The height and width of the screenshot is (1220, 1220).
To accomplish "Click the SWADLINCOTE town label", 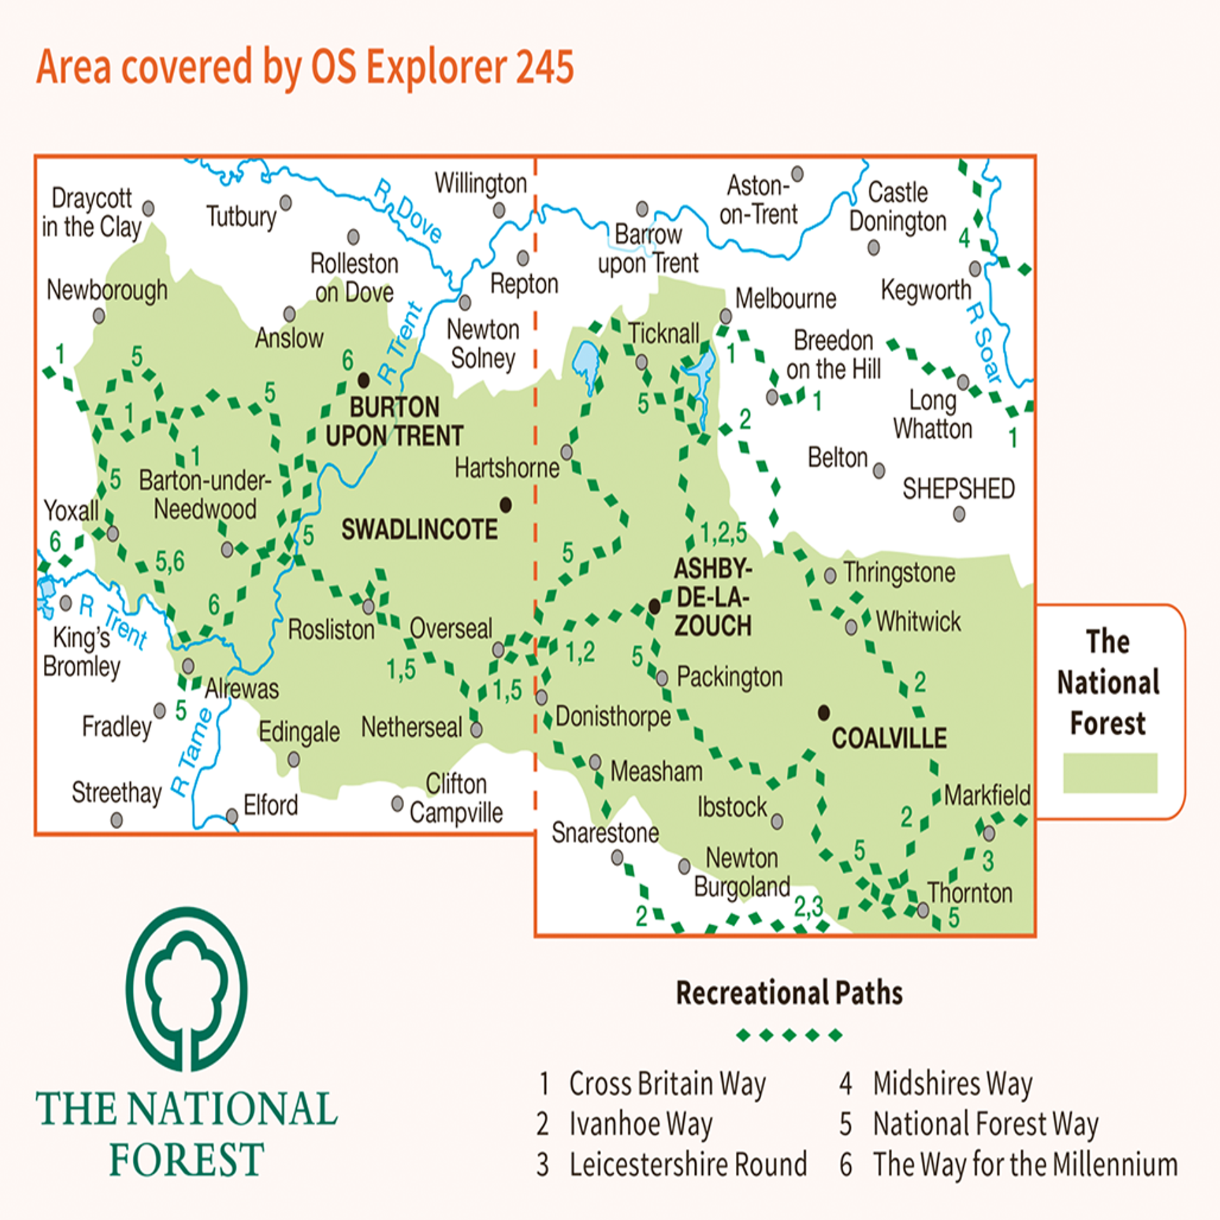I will [419, 529].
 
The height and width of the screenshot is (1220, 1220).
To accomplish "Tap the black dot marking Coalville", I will [823, 712].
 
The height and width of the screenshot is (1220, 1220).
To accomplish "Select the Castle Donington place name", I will [898, 207].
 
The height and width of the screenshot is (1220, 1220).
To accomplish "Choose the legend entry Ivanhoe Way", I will [640, 1123].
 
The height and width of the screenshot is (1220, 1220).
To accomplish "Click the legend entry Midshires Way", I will [952, 1083].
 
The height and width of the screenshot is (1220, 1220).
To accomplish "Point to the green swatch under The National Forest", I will [1109, 773].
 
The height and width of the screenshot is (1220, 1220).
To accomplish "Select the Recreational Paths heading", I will [789, 993].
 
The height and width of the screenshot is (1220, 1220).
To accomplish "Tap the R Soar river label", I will [983, 343].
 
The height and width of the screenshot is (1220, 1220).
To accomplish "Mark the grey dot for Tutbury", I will [286, 203].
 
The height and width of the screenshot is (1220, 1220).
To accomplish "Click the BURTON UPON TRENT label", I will [394, 421].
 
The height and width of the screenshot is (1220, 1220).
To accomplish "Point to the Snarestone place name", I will [605, 832].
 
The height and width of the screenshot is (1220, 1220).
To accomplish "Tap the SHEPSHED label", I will [958, 489].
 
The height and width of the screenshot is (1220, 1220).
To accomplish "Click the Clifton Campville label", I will [456, 798].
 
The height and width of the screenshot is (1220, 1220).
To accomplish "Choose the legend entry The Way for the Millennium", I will [1025, 1164].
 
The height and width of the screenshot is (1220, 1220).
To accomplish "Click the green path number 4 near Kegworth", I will [964, 238].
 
